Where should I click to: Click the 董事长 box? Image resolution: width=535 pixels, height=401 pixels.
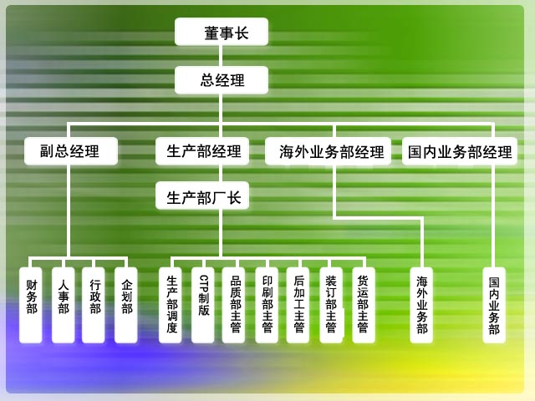pyautogui.click(x=222, y=32)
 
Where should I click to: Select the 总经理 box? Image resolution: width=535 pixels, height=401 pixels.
pyautogui.click(x=222, y=80)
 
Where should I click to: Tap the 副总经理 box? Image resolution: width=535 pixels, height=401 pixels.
pyautogui.click(x=71, y=151)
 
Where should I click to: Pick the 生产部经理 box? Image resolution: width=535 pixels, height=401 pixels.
pyautogui.click(x=202, y=151)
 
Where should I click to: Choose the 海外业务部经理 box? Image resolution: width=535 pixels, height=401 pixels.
pyautogui.click(x=328, y=151)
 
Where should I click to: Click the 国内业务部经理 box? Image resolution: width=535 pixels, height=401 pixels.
pyautogui.click(x=460, y=151)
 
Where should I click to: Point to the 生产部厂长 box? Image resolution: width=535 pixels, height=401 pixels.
pyautogui.click(x=202, y=195)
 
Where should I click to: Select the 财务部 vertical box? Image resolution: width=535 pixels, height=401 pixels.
pyautogui.click(x=31, y=305)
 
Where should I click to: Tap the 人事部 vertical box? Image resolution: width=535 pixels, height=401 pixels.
pyautogui.click(x=64, y=305)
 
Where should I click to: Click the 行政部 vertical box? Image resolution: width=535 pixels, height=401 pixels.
pyautogui.click(x=94, y=305)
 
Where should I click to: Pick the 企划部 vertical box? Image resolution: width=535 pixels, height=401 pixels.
pyautogui.click(x=126, y=305)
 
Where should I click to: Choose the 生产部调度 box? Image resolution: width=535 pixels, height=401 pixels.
pyautogui.click(x=171, y=305)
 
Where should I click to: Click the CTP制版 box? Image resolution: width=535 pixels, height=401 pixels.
pyautogui.click(x=202, y=305)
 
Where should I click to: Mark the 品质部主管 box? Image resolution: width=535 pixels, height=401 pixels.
pyautogui.click(x=233, y=305)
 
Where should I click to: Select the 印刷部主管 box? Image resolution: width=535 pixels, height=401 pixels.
pyautogui.click(x=267, y=305)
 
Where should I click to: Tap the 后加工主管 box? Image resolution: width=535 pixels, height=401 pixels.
pyautogui.click(x=298, y=305)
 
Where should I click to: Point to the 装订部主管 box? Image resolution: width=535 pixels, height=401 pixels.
pyautogui.click(x=331, y=305)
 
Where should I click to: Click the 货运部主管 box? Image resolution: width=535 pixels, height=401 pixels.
pyautogui.click(x=364, y=305)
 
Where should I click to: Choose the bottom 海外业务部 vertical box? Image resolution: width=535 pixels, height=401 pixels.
pyautogui.click(x=421, y=305)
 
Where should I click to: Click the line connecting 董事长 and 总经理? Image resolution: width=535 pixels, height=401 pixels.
pyautogui.click(x=221, y=56)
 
